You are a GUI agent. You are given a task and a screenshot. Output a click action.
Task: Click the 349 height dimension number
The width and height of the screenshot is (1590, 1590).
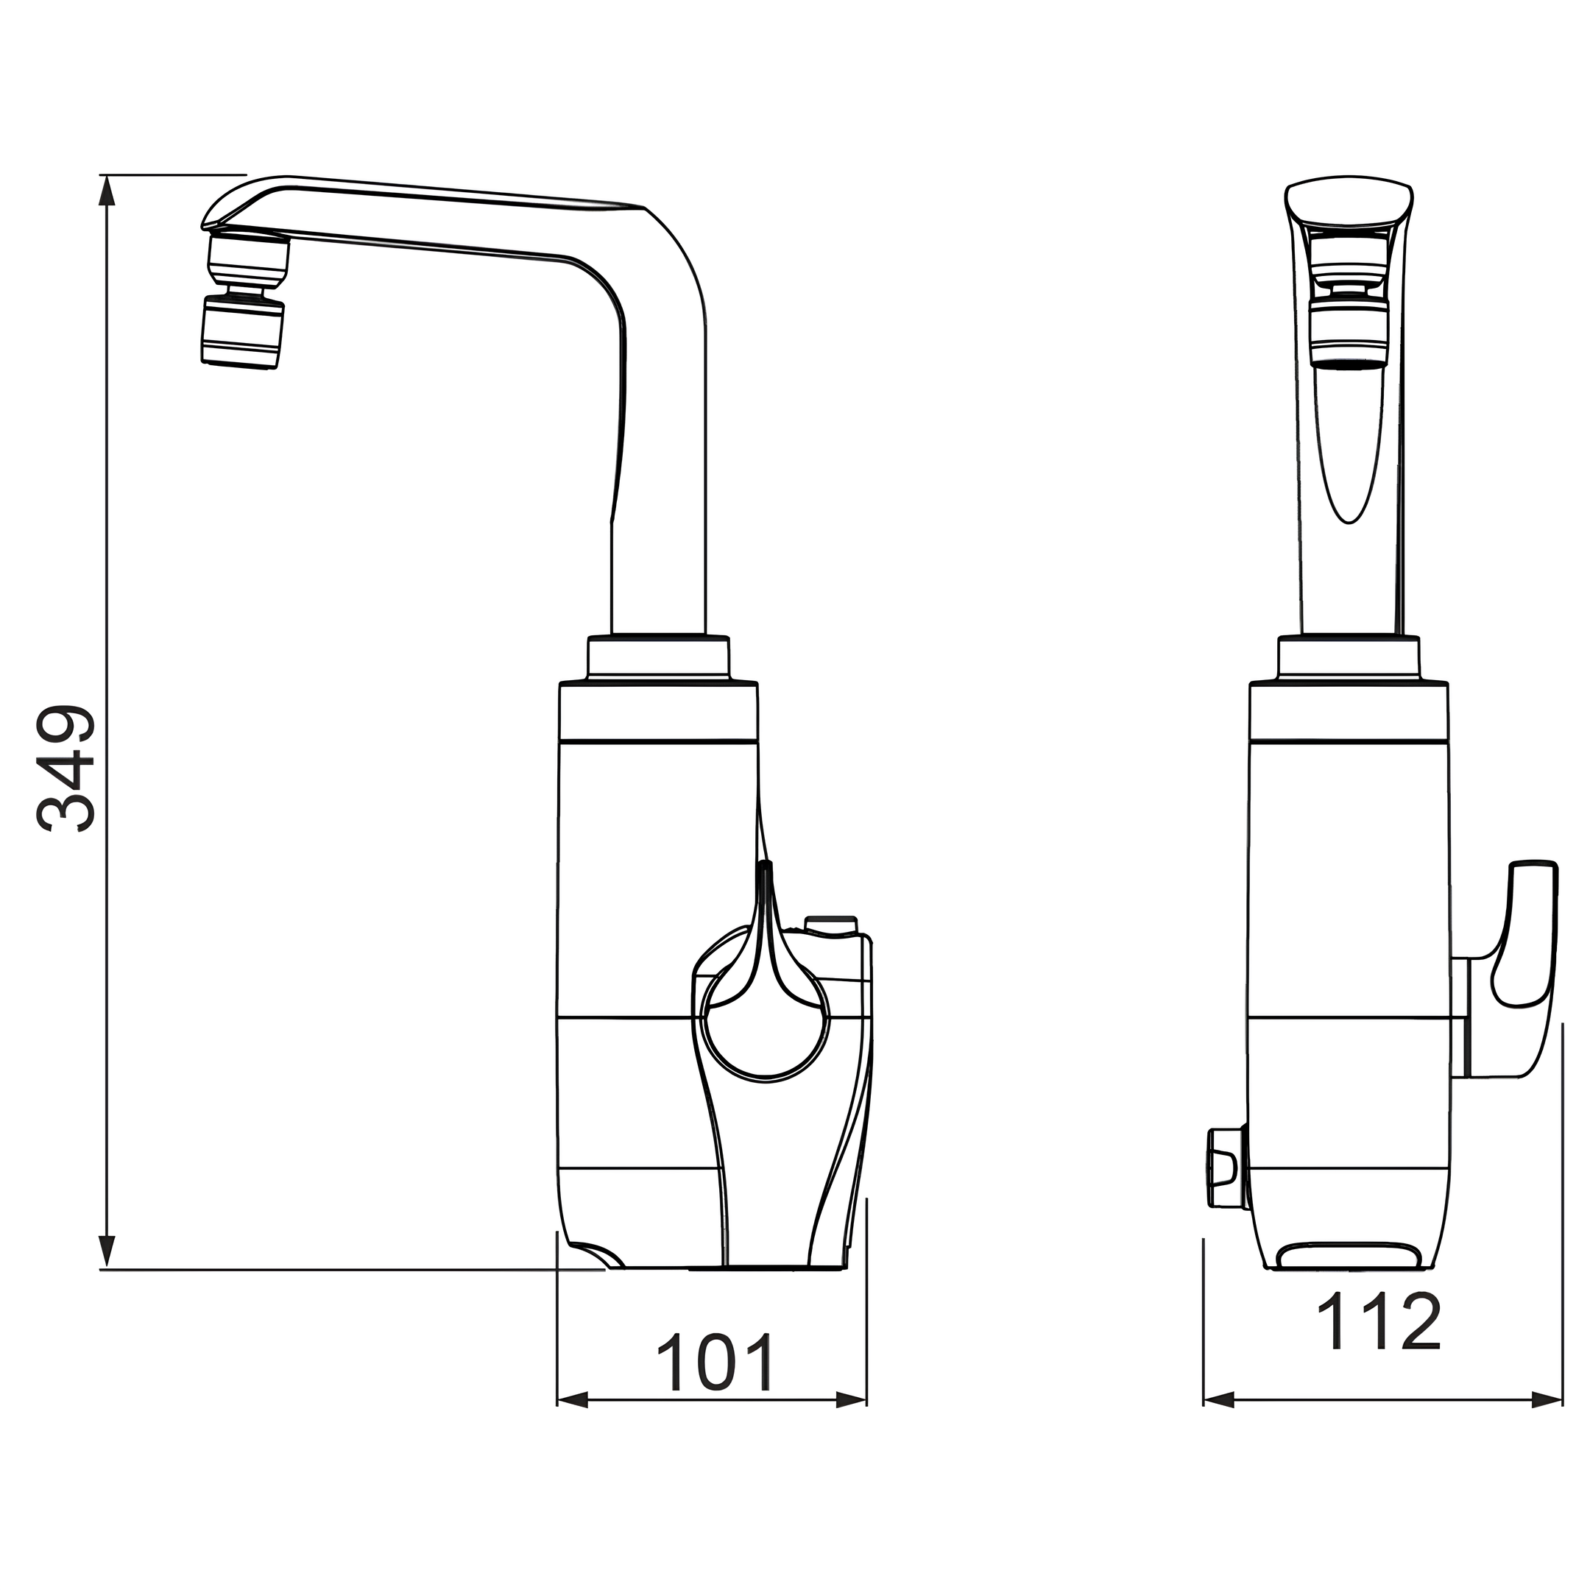point(66,768)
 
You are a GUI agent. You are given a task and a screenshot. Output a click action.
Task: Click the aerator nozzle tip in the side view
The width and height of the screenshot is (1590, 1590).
point(243,333)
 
